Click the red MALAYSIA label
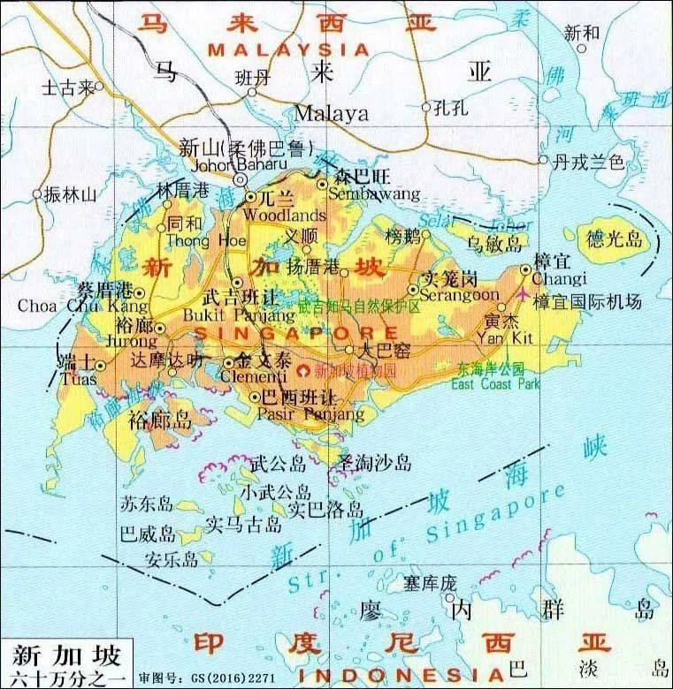click(287, 50)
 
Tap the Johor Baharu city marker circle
click(240, 179)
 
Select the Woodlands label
click(272, 216)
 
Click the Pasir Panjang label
click(310, 413)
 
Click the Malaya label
click(331, 113)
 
